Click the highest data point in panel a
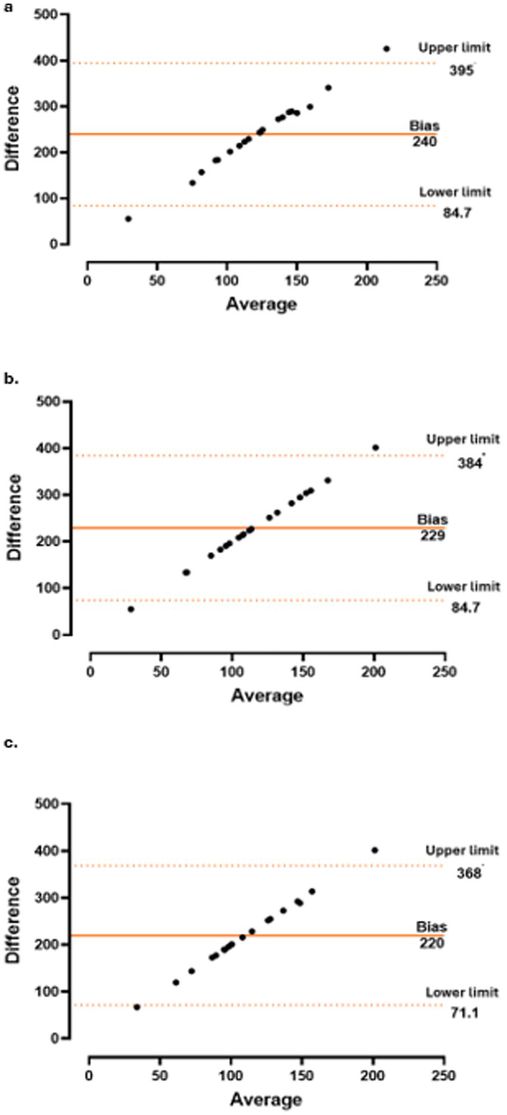pos(386,49)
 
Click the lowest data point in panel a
pos(128,219)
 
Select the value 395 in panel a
pos(461,71)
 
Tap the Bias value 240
pos(424,142)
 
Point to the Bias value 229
pos(433,535)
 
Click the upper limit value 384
pos(469,462)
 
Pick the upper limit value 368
pos(469,874)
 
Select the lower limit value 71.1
pos(464,1012)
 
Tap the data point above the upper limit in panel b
pos(375,448)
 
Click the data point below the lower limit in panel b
pos(131,609)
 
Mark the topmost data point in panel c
pos(375,850)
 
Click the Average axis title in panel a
pos(261,304)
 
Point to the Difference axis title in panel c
pos(13,920)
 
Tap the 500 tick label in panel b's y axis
pos(49,402)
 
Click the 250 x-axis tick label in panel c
pos(443,1076)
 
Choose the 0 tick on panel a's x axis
pos(88,281)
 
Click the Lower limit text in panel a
pos(455,192)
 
